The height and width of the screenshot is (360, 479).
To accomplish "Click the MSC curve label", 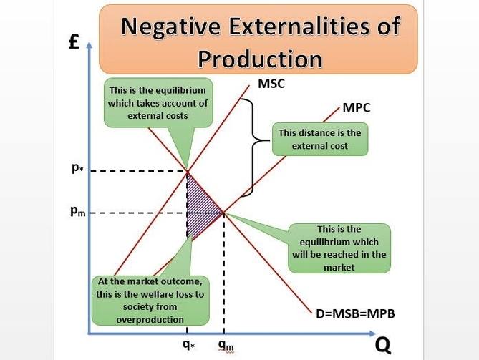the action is click(x=271, y=84).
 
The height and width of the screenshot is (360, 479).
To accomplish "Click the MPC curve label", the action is click(x=356, y=108).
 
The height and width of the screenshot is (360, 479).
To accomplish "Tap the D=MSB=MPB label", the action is click(x=355, y=314).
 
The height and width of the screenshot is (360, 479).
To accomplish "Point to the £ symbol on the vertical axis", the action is click(x=74, y=42).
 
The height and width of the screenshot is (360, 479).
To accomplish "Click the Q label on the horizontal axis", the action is click(x=383, y=346).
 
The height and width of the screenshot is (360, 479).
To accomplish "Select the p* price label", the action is click(x=77, y=167).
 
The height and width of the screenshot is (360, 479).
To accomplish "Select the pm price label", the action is click(x=78, y=211).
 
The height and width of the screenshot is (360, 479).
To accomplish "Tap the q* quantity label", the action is click(x=189, y=344).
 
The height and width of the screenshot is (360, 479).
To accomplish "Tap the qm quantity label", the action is click(x=226, y=345).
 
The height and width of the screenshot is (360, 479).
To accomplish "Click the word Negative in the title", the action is click(x=170, y=26).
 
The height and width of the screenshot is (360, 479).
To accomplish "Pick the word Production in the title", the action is click(x=260, y=59).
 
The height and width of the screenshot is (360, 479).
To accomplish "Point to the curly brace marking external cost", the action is click(x=254, y=147).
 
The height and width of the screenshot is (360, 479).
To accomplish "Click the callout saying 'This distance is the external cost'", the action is click(x=320, y=140).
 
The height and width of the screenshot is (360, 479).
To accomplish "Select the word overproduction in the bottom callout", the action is click(x=150, y=320).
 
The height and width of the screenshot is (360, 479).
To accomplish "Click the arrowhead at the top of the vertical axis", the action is click(x=89, y=45).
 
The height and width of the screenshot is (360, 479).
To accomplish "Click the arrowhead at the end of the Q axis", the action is click(x=373, y=334).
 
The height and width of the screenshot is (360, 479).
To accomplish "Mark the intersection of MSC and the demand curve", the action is click(x=187, y=171).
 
